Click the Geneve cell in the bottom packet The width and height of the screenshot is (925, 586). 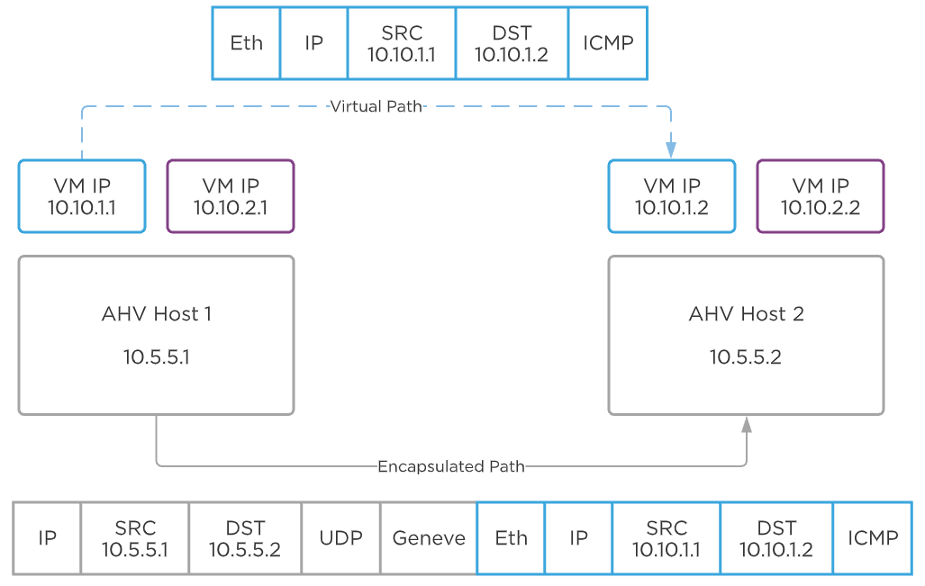(x=429, y=538)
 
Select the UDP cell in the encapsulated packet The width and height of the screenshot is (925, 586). (x=341, y=538)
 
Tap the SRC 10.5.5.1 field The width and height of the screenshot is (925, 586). (x=135, y=538)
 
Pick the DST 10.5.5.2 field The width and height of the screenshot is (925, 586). (x=245, y=538)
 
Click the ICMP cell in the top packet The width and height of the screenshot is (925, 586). (x=608, y=42)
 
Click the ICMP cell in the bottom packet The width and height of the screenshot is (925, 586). (x=873, y=538)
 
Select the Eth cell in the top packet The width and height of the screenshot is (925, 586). (x=246, y=42)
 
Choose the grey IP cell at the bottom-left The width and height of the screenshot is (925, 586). (x=47, y=538)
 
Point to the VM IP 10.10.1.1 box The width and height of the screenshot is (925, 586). (x=82, y=196)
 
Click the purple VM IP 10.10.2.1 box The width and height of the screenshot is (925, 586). (x=231, y=196)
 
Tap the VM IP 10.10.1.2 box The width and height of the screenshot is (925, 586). (x=672, y=196)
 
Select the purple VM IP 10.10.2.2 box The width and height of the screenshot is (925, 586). (x=821, y=196)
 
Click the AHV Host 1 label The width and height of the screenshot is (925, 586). (x=157, y=314)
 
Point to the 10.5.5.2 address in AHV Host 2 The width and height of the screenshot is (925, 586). (x=746, y=357)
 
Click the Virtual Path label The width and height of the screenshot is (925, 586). (x=376, y=106)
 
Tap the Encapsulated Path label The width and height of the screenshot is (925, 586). (x=450, y=466)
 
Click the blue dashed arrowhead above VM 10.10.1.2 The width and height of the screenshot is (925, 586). (x=671, y=148)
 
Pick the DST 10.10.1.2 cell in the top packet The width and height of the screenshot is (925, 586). (x=512, y=42)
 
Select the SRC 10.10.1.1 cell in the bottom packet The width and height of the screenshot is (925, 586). (x=667, y=538)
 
